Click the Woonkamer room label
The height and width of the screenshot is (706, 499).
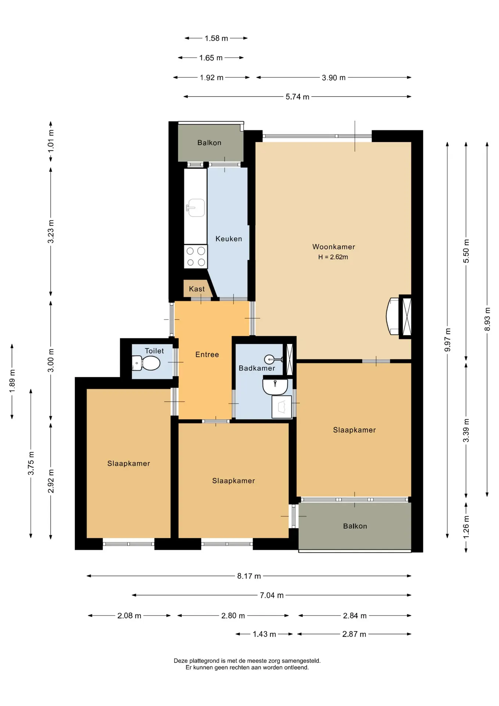[334, 247]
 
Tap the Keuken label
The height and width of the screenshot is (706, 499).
[229, 239]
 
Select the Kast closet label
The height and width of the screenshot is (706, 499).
[197, 289]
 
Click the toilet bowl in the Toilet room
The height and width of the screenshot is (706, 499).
[146, 363]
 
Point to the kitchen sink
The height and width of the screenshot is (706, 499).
[196, 208]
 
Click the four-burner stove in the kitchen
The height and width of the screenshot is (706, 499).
[195, 257]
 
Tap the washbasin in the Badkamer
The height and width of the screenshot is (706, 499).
[275, 387]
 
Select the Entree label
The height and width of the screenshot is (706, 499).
[207, 354]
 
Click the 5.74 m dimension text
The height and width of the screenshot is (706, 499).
[297, 97]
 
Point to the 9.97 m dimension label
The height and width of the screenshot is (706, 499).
[447, 340]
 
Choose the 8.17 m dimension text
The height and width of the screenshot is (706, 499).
[249, 576]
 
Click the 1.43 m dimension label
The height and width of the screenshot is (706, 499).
[264, 634]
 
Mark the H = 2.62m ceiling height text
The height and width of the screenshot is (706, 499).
[333, 257]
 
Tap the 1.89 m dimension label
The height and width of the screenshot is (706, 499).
[12, 380]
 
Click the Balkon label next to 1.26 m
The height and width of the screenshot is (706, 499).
[355, 526]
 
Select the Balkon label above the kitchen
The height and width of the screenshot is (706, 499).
[209, 143]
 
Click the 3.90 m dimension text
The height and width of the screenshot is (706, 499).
[334, 78]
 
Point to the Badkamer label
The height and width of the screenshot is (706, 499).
[257, 368]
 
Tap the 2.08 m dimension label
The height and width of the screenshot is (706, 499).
[129, 616]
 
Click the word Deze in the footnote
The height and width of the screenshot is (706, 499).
[180, 661]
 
